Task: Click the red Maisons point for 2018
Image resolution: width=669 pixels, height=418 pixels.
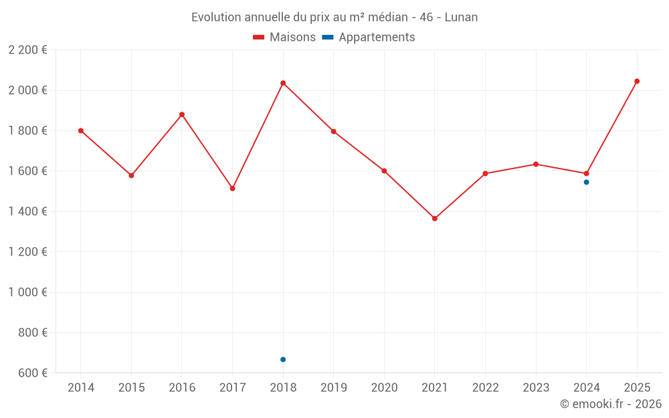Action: [x=283, y=83]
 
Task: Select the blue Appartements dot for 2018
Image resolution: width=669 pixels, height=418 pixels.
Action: [x=283, y=360]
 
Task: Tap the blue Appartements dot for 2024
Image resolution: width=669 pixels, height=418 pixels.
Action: [x=587, y=182]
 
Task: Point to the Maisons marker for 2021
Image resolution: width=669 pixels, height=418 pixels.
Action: [x=435, y=219]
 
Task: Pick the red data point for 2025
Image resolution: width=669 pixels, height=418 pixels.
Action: [x=637, y=82]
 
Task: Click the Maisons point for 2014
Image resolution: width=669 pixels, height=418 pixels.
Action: [x=81, y=131]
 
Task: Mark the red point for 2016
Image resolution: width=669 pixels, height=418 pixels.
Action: [x=182, y=114]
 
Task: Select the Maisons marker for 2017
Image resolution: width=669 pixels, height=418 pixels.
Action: [x=232, y=189]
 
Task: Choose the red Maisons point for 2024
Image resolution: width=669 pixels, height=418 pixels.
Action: [x=587, y=174]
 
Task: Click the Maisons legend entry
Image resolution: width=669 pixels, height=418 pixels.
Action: [x=284, y=37]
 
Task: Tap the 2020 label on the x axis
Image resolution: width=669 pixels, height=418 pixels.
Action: [x=384, y=387]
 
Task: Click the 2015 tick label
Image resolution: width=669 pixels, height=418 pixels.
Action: [x=131, y=387]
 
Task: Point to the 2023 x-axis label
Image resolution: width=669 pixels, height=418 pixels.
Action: [x=536, y=387]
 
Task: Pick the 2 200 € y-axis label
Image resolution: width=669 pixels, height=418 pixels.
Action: [x=27, y=50]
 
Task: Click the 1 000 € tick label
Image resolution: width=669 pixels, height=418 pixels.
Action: [x=27, y=292]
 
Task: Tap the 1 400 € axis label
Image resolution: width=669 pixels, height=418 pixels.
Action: [x=27, y=212]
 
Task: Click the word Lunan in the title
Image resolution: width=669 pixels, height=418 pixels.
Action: [x=462, y=17]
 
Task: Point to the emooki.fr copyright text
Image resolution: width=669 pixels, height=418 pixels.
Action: [x=611, y=404]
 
